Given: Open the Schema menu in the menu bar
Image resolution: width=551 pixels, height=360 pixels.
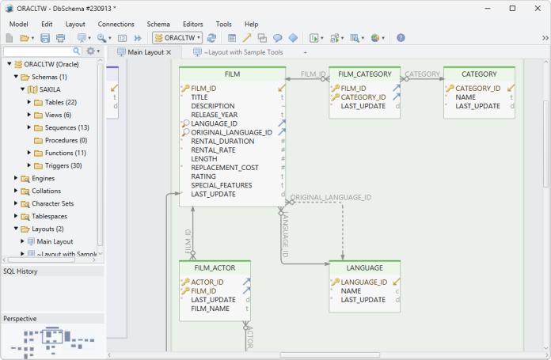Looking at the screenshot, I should tap(158, 24).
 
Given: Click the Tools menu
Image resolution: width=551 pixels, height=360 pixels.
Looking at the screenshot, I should tap(223, 24).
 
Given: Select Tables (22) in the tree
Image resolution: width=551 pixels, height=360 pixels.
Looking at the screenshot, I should tap(60, 102).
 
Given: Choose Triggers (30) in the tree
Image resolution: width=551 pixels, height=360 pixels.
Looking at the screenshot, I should tap(63, 165).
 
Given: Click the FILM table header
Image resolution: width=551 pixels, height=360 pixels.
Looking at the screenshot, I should tap(232, 74).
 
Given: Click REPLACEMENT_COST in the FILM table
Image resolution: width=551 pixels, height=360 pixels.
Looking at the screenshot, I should tap(224, 168).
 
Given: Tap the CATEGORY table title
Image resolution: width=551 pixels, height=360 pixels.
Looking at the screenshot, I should tap(480, 74).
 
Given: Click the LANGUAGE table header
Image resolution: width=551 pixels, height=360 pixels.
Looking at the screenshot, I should tap(364, 267).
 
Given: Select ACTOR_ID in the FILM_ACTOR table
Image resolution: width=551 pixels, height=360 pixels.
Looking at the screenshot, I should tap(207, 282).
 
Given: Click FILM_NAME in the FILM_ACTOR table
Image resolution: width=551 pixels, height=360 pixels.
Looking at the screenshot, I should tap(210, 309).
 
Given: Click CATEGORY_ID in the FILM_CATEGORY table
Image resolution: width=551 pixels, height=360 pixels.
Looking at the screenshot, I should tap(363, 97).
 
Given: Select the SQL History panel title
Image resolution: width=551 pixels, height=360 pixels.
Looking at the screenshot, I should tap(21, 271).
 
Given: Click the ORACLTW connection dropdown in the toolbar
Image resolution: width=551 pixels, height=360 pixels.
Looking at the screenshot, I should tap(177, 37).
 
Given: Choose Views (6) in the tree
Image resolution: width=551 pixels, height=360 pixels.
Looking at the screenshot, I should tap(58, 115).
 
